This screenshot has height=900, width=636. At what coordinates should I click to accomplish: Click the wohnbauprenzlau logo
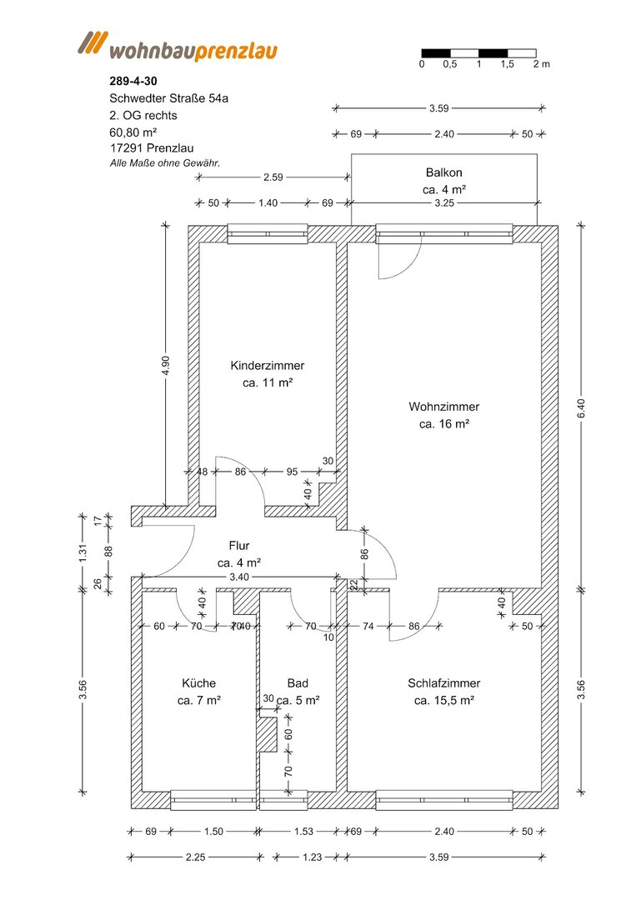(x=178, y=47)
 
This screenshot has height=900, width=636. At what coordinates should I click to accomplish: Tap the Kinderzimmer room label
(x=268, y=366)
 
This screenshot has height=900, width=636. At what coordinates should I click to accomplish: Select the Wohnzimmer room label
(x=443, y=407)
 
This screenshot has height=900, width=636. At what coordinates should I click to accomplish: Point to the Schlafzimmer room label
(x=443, y=683)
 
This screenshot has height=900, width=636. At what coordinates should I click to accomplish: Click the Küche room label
(x=199, y=683)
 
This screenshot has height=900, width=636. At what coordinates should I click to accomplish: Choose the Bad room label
(x=298, y=683)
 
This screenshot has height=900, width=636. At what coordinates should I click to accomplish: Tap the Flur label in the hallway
(x=238, y=545)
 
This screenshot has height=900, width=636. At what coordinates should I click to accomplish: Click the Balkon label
(x=443, y=172)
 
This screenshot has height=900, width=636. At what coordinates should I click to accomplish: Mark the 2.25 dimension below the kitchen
(x=195, y=857)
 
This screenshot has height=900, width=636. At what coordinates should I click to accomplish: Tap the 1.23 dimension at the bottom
(x=312, y=857)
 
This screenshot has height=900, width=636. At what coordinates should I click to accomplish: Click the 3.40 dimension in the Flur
(x=238, y=577)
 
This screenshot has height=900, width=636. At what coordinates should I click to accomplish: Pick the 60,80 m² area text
(x=133, y=132)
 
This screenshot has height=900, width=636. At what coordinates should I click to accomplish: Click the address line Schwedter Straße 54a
(x=168, y=98)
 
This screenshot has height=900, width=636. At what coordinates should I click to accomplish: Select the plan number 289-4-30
(x=133, y=82)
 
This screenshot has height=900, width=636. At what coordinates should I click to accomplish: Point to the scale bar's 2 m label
(x=541, y=64)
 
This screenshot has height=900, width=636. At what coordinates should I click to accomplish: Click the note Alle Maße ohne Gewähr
(x=165, y=163)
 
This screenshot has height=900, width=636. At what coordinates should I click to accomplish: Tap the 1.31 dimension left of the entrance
(x=83, y=552)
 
